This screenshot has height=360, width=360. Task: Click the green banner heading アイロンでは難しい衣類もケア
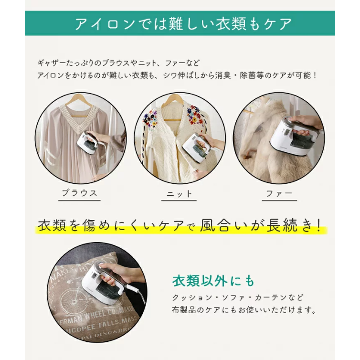[183, 24]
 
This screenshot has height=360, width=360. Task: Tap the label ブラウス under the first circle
[79, 193]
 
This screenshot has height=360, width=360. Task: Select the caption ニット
[179, 194]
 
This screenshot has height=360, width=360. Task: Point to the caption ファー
[279, 193]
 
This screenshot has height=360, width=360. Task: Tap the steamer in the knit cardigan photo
[197, 145]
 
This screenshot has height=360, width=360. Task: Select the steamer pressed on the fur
[294, 135]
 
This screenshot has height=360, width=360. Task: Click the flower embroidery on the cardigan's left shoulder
[150, 120]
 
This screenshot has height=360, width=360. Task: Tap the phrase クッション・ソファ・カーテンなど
[238, 297]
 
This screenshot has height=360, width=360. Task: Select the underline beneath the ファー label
[279, 201]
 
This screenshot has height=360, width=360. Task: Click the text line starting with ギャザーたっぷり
[118, 63]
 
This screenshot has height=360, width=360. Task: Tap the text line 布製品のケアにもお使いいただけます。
[244, 310]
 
